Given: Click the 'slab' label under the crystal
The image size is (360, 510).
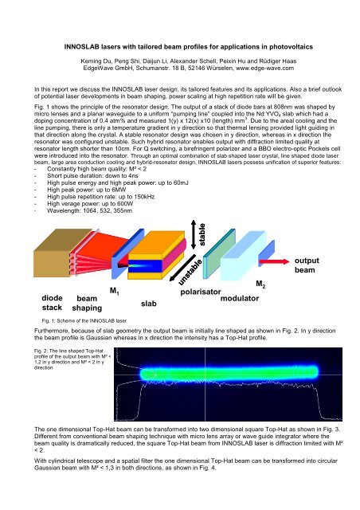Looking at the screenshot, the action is pyautogui.click(x=149, y=304).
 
